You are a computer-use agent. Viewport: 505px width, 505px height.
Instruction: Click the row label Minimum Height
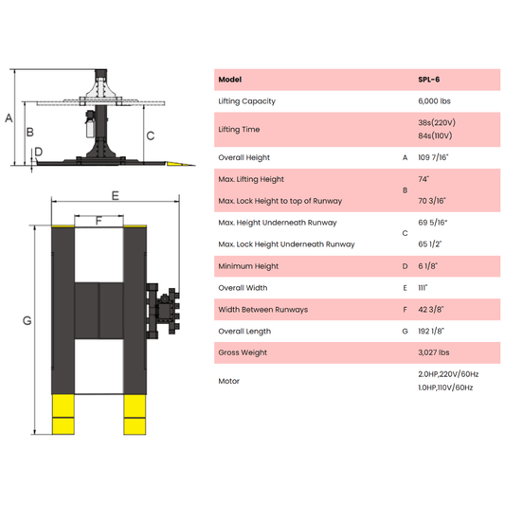(248, 266)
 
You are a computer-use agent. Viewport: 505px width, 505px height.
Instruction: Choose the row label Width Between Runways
(262, 310)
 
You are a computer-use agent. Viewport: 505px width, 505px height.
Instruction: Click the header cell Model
(229, 80)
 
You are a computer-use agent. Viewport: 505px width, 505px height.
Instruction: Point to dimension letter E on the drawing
(115, 195)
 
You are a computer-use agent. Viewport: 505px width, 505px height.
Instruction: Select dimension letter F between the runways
(99, 221)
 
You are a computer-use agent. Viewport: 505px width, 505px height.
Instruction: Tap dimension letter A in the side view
(9, 118)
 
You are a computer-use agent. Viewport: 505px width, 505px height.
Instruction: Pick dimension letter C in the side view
(150, 135)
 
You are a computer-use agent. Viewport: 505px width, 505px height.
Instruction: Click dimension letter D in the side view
(38, 152)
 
